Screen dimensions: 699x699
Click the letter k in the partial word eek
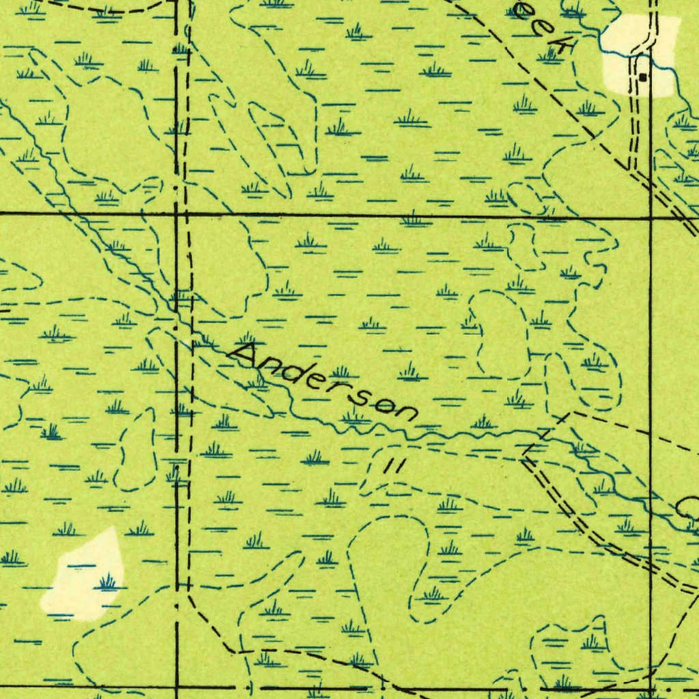[561, 46]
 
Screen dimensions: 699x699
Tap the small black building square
[642, 77]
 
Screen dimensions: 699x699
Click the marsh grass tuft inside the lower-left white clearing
[107, 582]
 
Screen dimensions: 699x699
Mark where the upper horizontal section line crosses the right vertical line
[651, 217]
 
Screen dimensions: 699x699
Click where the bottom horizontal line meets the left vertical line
[177, 687]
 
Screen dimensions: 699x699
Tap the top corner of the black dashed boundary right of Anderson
[572, 412]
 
